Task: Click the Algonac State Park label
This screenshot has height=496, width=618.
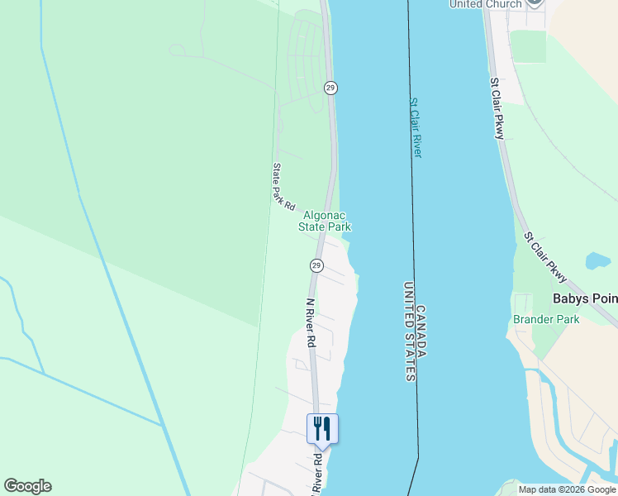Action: [x=325, y=221]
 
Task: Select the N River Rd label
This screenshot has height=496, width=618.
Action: [x=311, y=322]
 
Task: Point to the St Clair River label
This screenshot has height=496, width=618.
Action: [x=416, y=128]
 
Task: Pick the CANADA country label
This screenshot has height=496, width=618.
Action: [x=421, y=331]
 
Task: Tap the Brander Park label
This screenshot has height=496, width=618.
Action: [x=546, y=319]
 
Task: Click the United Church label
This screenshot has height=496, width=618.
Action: [x=486, y=4]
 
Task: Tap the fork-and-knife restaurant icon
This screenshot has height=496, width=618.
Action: [x=322, y=427]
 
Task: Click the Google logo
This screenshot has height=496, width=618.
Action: [x=27, y=486]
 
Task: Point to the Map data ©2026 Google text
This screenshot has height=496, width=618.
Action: [x=568, y=489]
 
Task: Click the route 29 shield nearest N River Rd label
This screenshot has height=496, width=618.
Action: [x=316, y=265]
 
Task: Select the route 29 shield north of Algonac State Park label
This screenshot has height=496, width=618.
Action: [x=330, y=88]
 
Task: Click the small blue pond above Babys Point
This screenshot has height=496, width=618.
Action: [x=597, y=262]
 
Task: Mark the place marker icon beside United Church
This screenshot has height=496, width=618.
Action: [x=535, y=2]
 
